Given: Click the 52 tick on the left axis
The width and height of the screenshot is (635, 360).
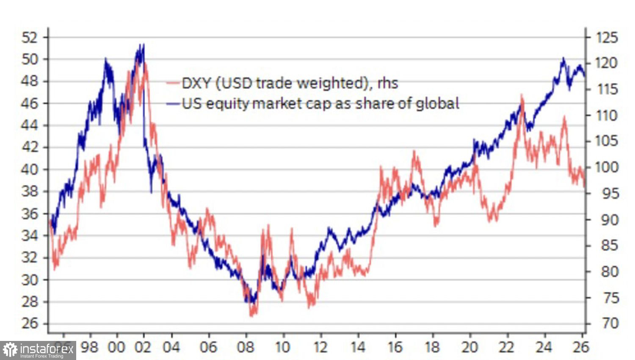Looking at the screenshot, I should (x=30, y=37).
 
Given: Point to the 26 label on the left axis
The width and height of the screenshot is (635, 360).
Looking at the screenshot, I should (x=30, y=324).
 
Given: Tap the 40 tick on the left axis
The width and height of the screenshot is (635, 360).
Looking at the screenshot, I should (x=30, y=169).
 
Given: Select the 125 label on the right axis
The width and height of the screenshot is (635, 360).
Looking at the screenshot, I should (x=607, y=37).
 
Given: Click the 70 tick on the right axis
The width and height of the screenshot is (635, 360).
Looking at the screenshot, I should (x=610, y=324).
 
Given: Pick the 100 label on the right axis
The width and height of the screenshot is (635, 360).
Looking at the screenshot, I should (x=607, y=167).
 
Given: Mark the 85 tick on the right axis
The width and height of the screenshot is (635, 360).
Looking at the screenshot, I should (x=609, y=245).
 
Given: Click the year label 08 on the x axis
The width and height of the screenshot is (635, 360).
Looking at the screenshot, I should (x=246, y=347).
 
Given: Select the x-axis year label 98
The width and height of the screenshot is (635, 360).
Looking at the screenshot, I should (x=89, y=347).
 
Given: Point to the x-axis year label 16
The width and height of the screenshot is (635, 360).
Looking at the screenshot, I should (x=395, y=347).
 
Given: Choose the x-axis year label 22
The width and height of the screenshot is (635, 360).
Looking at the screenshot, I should (x=506, y=347).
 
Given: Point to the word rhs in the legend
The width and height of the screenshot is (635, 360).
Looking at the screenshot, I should (x=387, y=83).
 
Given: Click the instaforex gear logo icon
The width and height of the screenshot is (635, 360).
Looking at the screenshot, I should (x=10, y=350).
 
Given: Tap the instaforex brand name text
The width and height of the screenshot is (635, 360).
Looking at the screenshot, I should (x=47, y=349).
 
